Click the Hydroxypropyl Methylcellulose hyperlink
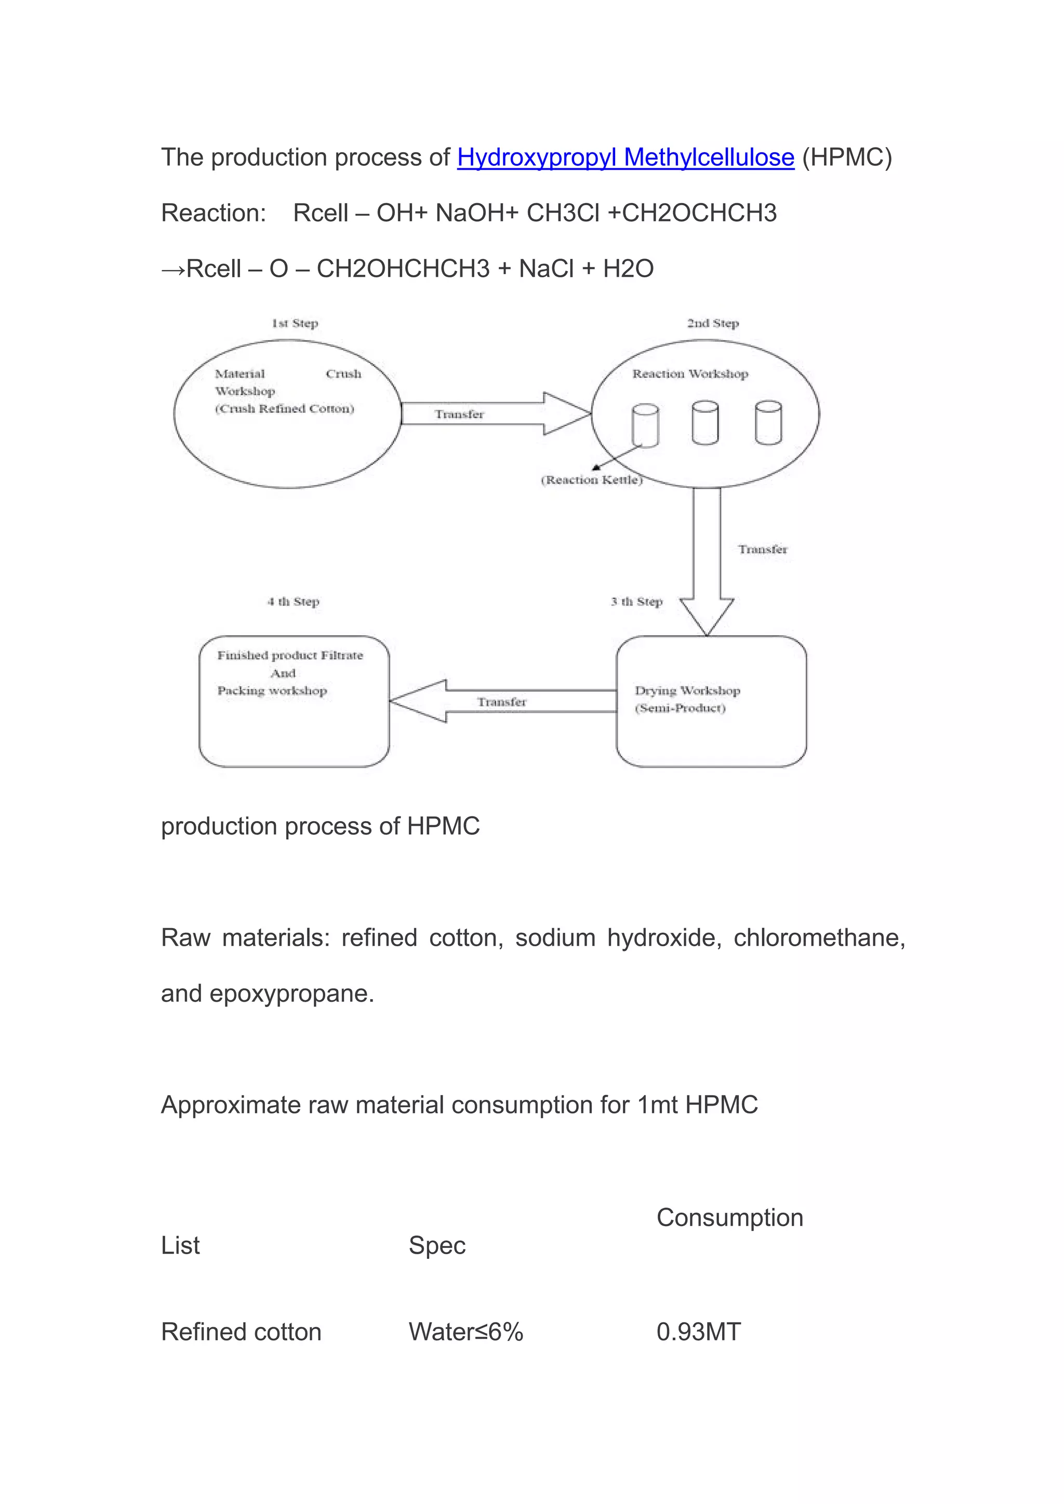click(625, 157)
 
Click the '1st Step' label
click(295, 323)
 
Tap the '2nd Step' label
click(713, 323)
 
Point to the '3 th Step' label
click(636, 601)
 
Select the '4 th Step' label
click(293, 601)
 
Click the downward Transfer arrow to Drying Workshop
click(706, 557)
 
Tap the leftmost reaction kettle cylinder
click(645, 425)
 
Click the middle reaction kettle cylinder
click(705, 423)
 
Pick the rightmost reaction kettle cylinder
click(768, 423)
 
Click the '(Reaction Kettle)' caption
click(592, 480)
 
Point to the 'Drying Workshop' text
click(687, 690)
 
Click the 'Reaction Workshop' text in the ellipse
click(690, 374)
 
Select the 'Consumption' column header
click(729, 1218)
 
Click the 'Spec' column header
click(437, 1245)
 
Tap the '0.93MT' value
click(698, 1332)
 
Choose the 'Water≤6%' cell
click(466, 1332)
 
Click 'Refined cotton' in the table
click(241, 1332)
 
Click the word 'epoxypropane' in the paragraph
click(291, 993)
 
